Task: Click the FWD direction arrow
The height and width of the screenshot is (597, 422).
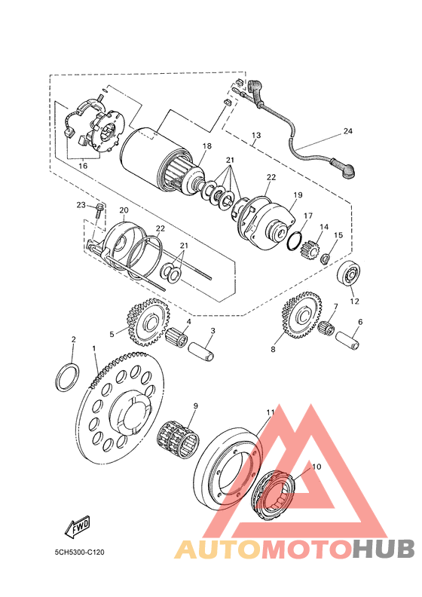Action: point(78,527)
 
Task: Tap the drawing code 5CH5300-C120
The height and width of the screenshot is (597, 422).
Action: point(79,552)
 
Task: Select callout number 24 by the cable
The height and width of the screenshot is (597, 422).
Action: point(348,131)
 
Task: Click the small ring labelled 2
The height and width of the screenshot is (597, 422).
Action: point(68,377)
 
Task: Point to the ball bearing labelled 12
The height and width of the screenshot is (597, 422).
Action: point(349,274)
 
